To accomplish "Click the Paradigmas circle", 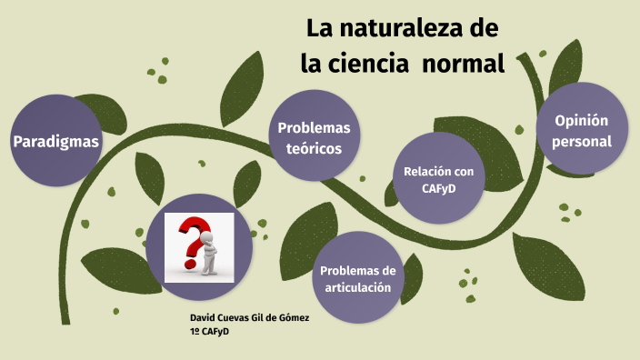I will [x=55, y=142].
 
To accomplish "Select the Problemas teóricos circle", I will [x=315, y=137].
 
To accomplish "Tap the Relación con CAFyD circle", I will [x=438, y=178].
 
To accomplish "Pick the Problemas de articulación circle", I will [x=358, y=278].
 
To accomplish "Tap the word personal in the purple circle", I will [x=581, y=142].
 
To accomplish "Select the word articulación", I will [x=358, y=287].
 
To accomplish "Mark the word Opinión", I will [x=581, y=120].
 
